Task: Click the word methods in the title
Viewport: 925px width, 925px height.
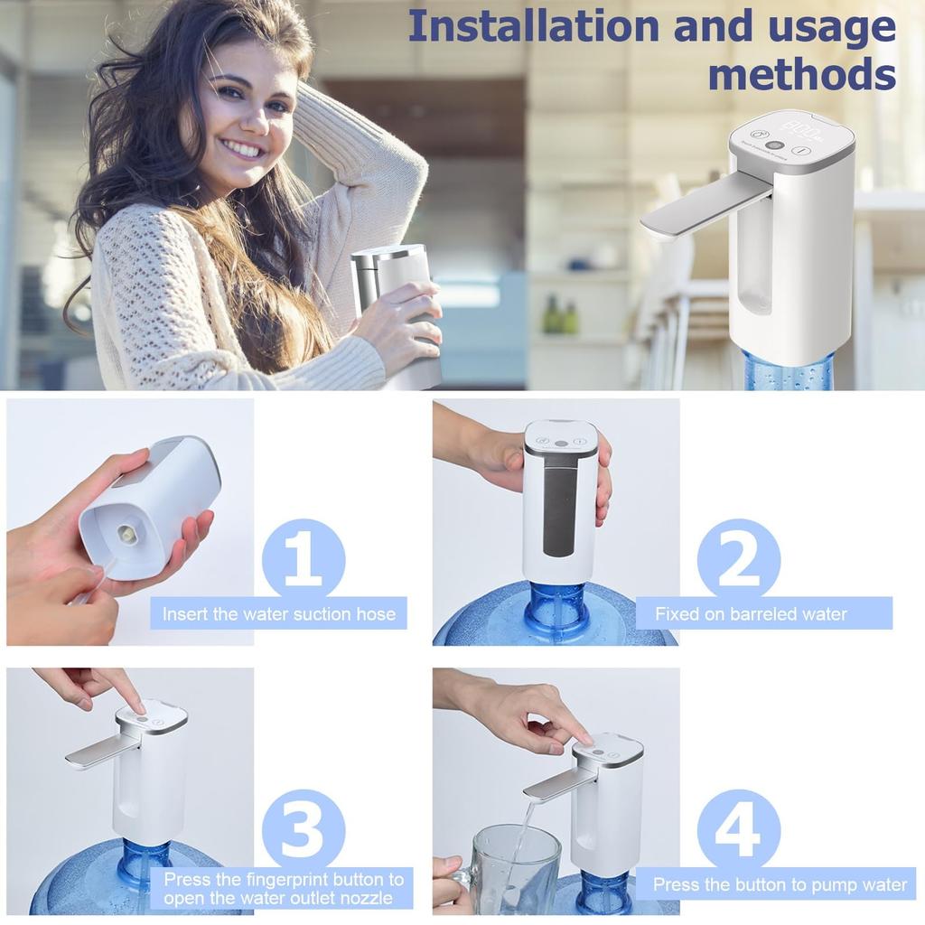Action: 801,73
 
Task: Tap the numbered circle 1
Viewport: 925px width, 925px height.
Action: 303,560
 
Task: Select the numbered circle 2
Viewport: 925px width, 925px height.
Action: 738,560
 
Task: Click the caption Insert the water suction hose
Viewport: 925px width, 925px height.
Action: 278,614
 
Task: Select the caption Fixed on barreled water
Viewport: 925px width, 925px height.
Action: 751,614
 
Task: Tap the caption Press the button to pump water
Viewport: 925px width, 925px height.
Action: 780,884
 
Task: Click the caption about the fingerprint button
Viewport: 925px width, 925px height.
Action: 284,888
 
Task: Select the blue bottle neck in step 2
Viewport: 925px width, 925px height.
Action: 556,605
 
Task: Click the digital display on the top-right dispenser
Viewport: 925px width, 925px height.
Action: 799,134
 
